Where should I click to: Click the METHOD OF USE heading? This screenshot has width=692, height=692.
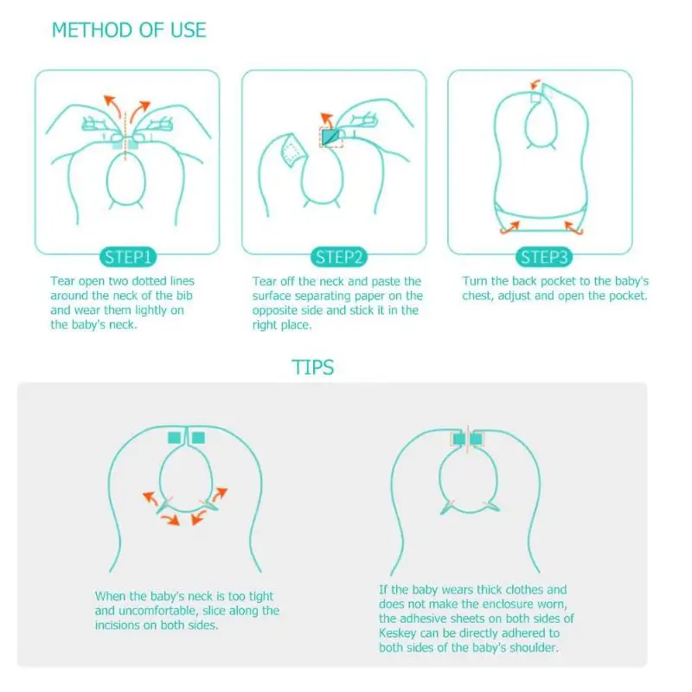129,30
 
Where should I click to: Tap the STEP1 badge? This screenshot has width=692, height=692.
128,257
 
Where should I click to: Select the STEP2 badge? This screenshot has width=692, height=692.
338,257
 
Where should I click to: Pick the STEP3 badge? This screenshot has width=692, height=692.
544,257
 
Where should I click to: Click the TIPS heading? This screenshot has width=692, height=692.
312,367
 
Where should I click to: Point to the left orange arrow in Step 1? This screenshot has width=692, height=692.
112,106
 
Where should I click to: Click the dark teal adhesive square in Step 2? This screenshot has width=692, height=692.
330,137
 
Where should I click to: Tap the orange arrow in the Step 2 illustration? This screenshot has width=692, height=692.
327,120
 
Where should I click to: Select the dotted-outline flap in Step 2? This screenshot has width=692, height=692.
292,151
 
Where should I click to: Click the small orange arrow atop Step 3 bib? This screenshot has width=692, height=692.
535,84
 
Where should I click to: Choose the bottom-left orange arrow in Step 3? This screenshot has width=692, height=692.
509,228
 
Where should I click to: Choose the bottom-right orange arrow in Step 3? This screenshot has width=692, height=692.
574,228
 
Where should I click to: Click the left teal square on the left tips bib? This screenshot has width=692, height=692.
175,438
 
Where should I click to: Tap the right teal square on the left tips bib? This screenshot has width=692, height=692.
198,438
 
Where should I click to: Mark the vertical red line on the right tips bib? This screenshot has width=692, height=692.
467,439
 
